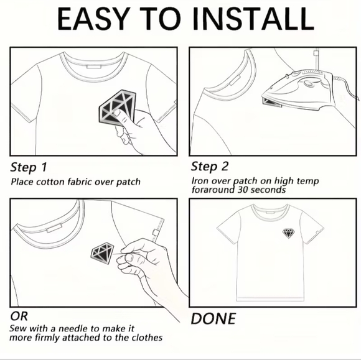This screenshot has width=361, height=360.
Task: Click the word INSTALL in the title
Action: coord(253,19)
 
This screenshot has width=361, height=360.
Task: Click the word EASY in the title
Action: coord(93,19)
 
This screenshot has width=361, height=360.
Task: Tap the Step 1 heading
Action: coord(29,167)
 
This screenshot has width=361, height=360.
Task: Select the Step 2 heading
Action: coord(210,167)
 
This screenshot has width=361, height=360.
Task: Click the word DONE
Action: coord(213,318)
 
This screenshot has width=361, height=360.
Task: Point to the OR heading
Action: coord(19,316)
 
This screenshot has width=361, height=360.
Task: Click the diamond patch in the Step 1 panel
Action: coord(118,108)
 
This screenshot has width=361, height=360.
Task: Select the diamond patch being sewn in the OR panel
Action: coord(103,252)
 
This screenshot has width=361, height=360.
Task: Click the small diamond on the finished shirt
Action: coord(288,233)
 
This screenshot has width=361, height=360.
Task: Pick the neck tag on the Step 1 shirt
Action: coord(94,67)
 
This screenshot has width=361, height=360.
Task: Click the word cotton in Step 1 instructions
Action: coord(50,182)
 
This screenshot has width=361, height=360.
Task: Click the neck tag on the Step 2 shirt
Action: coord(235,80)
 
